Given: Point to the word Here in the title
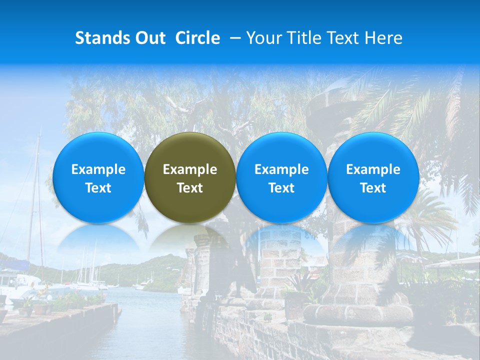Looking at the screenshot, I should tap(384, 38).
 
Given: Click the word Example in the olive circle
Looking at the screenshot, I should tap(190, 169).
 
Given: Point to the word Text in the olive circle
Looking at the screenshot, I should tap(190, 188).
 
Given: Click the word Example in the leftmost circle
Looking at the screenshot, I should tap(98, 169).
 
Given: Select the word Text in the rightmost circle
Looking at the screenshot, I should tap(373, 188).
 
